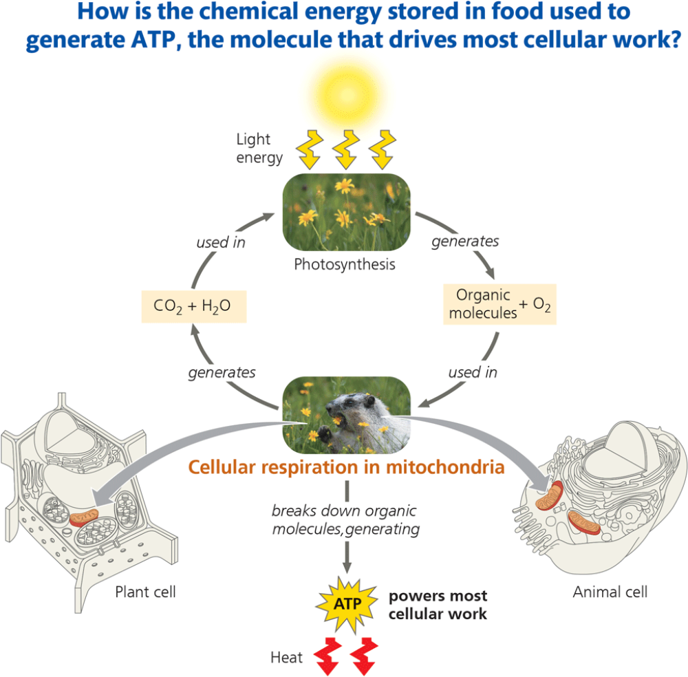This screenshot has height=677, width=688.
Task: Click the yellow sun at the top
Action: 344,86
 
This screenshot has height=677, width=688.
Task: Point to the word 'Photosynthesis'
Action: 345,264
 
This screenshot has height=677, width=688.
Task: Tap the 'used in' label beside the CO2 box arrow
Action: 220,242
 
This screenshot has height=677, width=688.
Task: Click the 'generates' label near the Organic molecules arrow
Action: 465,242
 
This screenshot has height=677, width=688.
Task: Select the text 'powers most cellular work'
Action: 438,605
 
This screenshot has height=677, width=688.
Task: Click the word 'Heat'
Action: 286,658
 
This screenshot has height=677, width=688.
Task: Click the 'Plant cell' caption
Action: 145,592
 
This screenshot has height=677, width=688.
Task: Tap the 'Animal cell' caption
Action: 610,592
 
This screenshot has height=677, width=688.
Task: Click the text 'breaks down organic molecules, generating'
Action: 344,520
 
